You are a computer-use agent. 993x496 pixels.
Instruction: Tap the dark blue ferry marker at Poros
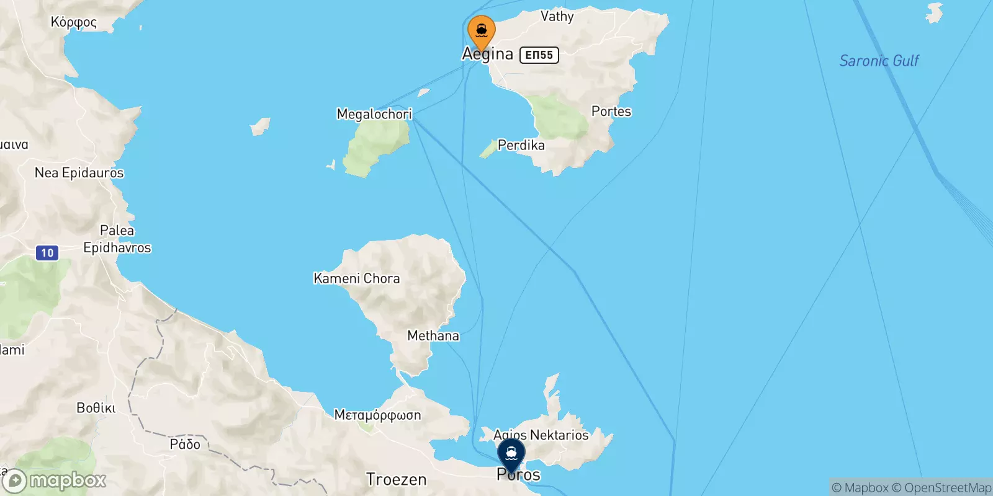click(x=511, y=454)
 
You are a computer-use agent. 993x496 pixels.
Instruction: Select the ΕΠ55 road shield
click(x=539, y=55)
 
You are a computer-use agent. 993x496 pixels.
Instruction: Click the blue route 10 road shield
click(x=48, y=253)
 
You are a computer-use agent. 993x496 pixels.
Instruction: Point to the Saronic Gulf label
click(x=879, y=61)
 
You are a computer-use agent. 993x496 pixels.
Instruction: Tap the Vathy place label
click(x=557, y=17)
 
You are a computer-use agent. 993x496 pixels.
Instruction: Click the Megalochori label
click(x=374, y=114)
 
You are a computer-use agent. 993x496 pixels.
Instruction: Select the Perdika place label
click(x=521, y=145)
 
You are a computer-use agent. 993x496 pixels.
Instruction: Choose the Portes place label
click(x=611, y=112)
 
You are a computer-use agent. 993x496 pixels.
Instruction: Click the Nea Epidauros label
click(x=79, y=173)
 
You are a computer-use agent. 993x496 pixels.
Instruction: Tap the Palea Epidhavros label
click(x=117, y=239)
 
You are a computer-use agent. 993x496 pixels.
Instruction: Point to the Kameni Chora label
click(x=357, y=278)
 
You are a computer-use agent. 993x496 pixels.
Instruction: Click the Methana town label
click(x=433, y=336)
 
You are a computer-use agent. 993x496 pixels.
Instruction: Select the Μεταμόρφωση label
click(x=377, y=415)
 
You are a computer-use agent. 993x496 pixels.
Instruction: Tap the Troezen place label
click(x=397, y=479)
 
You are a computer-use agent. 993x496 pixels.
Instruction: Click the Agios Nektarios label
click(x=541, y=435)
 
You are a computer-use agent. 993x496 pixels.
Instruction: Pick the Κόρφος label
click(x=74, y=22)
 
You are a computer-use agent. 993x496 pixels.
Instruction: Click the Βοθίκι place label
click(x=96, y=408)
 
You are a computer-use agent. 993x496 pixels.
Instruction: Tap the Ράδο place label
click(x=185, y=445)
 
